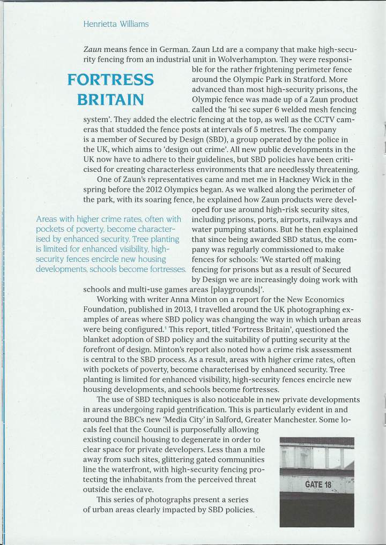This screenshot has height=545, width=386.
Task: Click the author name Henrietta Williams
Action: (116, 24)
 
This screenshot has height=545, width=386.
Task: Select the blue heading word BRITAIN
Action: (110, 100)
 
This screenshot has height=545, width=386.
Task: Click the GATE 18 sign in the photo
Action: (318, 485)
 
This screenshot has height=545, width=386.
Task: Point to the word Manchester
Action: (298, 420)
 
